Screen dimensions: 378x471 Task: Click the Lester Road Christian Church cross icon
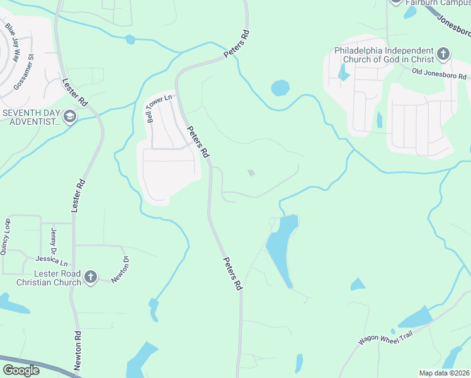coord(91,276)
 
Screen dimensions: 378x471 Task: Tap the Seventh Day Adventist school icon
coord(70,117)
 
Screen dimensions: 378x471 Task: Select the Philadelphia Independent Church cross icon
coord(443,54)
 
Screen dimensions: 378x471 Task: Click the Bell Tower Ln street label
coord(150,108)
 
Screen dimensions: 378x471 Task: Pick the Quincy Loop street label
coord(6,236)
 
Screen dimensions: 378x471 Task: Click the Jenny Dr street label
coord(54,241)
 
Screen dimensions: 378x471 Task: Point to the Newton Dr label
coord(120,270)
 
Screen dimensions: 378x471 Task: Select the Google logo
coord(21,370)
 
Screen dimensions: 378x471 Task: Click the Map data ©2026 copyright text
coord(444,373)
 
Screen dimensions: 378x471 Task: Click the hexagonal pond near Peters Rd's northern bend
coord(281,88)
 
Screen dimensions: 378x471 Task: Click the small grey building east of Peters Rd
coord(251,173)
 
